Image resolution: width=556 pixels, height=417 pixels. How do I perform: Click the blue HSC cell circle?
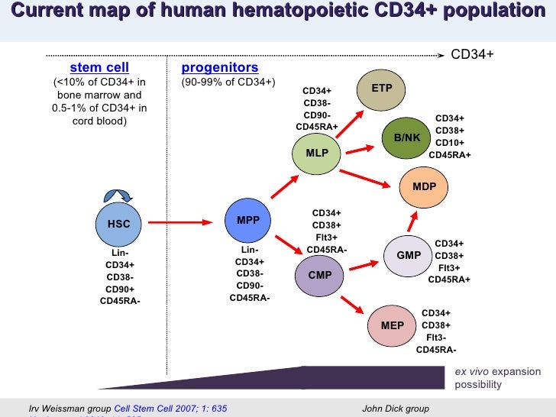coord(119,224)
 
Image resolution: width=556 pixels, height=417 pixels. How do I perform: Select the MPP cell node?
coord(249,221)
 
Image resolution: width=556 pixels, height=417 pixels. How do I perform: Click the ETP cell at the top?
coord(382,89)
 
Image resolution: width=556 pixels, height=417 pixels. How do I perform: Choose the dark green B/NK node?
coord(407,137)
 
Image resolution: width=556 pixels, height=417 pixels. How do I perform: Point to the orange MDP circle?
coord(425,187)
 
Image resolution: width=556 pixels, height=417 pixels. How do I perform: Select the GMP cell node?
coord(409,255)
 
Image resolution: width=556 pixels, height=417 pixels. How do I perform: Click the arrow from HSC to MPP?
coord(179,222)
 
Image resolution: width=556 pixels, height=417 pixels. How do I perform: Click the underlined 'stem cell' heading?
coord(99,68)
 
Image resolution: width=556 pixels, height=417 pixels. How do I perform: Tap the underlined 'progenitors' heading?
coord(220,68)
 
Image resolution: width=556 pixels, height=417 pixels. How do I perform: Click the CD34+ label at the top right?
coord(473,55)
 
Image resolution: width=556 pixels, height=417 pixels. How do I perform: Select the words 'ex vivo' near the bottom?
coord(471,372)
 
